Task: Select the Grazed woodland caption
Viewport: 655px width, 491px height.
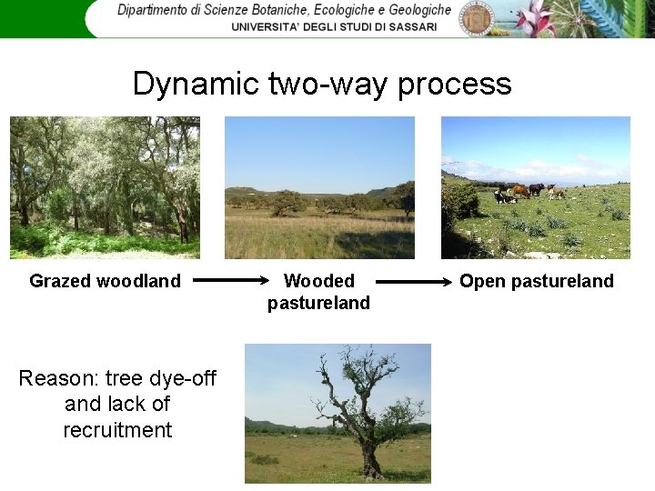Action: [105, 281]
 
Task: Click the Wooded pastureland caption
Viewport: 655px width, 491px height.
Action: [318, 292]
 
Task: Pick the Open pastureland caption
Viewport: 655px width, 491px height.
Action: [536, 281]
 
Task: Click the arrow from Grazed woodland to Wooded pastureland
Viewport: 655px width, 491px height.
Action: [232, 281]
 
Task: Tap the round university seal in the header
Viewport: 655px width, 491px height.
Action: [476, 18]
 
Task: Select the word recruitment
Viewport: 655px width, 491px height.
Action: [117, 430]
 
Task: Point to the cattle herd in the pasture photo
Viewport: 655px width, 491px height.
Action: [528, 192]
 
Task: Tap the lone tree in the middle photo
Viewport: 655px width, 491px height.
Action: [289, 202]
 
